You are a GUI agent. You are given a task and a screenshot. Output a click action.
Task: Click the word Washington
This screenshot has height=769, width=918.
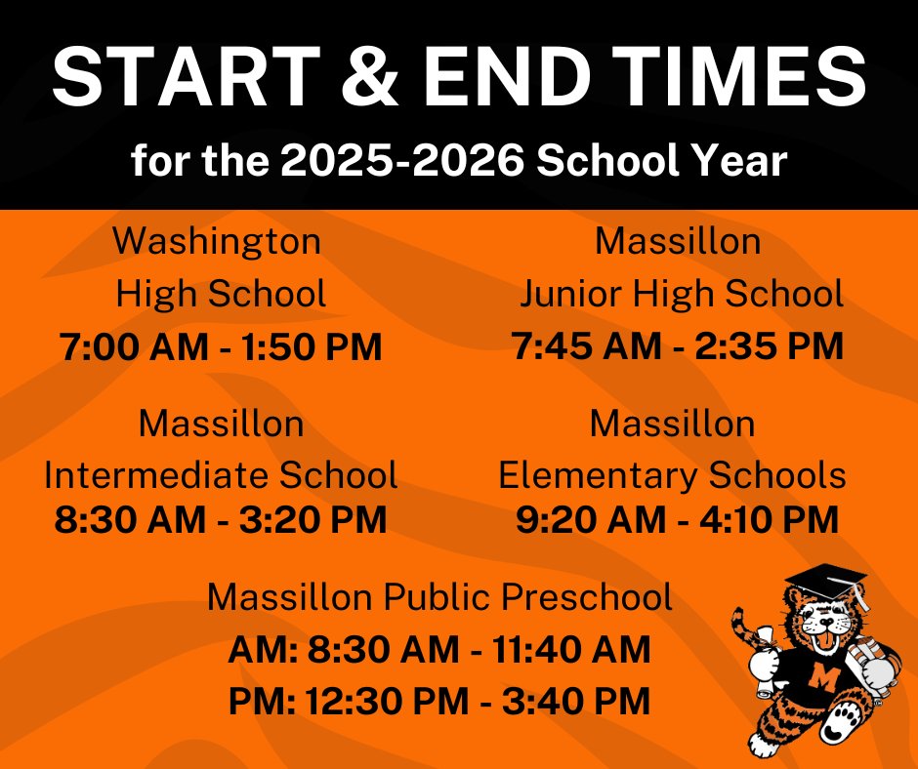[217, 241]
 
